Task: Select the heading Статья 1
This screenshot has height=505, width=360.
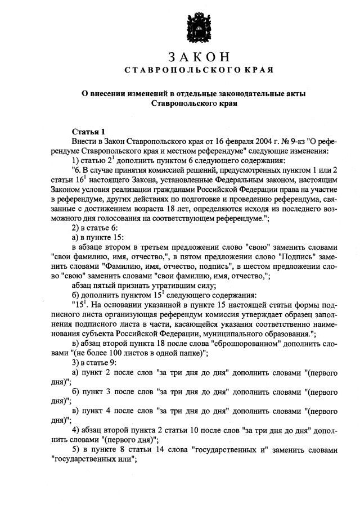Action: tap(88, 131)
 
